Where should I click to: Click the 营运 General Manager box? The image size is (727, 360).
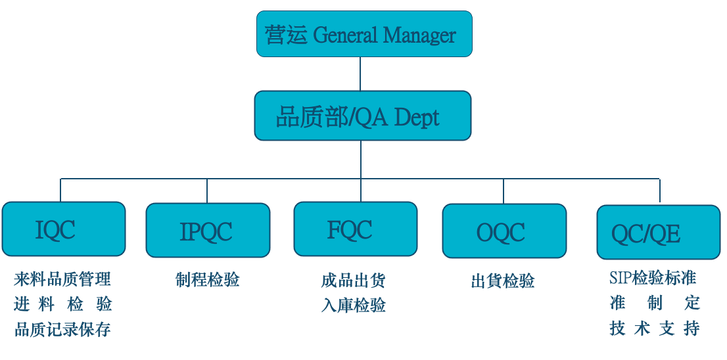[x=364, y=34]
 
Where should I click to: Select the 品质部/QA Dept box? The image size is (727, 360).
[x=363, y=116]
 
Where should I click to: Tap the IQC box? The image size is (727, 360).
[x=63, y=229]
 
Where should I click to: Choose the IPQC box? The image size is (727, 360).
[x=208, y=230]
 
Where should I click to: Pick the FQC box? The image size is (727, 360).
[x=355, y=229]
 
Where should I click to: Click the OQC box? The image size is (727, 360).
[x=504, y=231]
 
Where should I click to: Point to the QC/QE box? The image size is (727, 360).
[x=658, y=233]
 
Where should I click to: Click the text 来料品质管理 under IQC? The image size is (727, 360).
[x=62, y=279]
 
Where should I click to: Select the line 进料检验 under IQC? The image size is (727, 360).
[x=62, y=304]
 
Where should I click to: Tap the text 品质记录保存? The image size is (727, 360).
[x=62, y=329]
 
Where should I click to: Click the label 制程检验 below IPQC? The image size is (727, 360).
[x=208, y=280]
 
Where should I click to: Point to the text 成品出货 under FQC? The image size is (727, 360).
[x=354, y=281]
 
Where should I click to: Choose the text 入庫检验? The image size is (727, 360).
[x=354, y=305]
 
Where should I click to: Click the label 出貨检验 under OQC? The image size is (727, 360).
[x=503, y=282]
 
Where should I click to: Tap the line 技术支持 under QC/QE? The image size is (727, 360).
[x=655, y=328]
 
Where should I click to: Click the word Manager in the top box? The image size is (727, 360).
[x=419, y=35]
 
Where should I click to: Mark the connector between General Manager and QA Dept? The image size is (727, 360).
[x=360, y=74]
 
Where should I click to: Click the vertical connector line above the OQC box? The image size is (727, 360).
[x=504, y=191]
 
